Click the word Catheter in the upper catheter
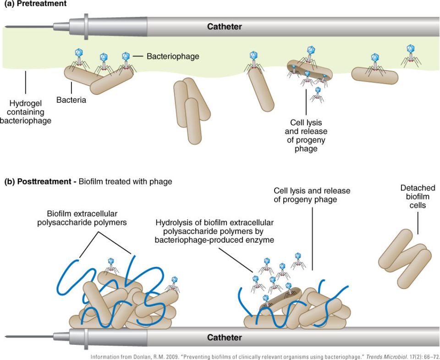click(x=224, y=27)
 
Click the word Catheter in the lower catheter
click(x=224, y=337)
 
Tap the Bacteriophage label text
click(x=173, y=56)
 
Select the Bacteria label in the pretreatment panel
click(x=71, y=100)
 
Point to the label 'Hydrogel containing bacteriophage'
click(x=26, y=112)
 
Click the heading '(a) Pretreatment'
click(x=35, y=4)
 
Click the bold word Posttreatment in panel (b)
click(x=44, y=182)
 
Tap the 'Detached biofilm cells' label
click(x=418, y=197)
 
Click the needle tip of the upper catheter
click(x=6, y=27)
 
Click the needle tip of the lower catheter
click(x=6, y=337)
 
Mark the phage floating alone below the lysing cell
click(x=317, y=94)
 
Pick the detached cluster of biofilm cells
click(x=405, y=259)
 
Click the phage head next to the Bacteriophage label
click(x=126, y=56)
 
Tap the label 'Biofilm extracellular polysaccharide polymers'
click(x=82, y=218)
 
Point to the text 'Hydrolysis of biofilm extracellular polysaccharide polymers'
click(x=214, y=227)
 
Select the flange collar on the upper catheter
click(x=86, y=27)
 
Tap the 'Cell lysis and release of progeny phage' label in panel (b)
click(x=312, y=195)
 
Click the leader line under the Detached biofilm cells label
click(x=418, y=223)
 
